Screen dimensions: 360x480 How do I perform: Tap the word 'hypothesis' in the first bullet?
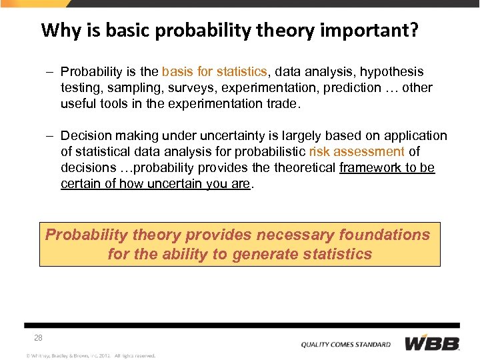click(392, 71)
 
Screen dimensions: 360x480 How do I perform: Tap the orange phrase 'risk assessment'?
click(357, 151)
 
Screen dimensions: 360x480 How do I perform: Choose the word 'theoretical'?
click(303, 167)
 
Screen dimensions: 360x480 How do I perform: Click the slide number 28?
click(39, 338)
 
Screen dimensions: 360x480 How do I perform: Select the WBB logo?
click(433, 343)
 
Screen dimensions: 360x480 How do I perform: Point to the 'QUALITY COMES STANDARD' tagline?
click(345, 345)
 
